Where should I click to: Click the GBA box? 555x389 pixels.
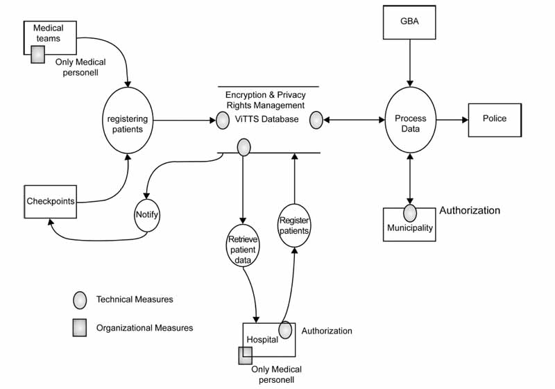(x=410, y=22)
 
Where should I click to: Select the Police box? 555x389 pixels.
(x=494, y=119)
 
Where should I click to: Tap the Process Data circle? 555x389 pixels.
(x=411, y=119)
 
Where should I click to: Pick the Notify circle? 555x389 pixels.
(x=147, y=215)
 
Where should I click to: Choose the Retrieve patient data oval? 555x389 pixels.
(x=243, y=245)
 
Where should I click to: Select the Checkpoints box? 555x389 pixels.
(x=50, y=202)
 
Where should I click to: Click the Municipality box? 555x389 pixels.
(x=410, y=227)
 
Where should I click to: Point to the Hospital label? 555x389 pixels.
(x=262, y=340)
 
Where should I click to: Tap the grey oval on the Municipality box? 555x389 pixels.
(x=410, y=212)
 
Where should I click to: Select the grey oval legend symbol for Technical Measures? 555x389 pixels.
(x=80, y=300)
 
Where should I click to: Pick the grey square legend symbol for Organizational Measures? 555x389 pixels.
(x=80, y=329)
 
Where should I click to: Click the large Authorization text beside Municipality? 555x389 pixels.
(x=470, y=211)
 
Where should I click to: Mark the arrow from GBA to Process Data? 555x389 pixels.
(x=410, y=62)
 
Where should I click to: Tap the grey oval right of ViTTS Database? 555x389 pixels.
(x=316, y=120)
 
